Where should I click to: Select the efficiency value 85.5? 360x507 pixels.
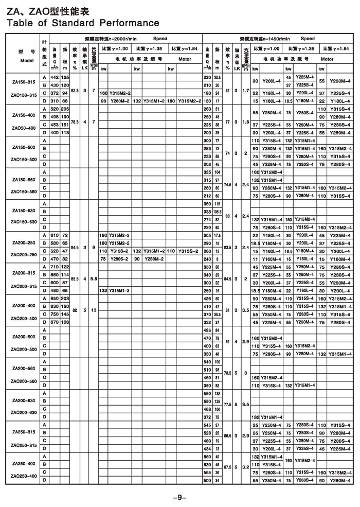coord(75,278)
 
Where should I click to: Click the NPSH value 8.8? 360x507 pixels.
coord(93,278)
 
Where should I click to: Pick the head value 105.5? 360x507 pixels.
coord(218,211)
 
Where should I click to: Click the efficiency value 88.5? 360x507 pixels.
coord(227,436)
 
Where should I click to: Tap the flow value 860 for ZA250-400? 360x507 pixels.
coord(207,456)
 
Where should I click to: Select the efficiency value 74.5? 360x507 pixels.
coord(227,184)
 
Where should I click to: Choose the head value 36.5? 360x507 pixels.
coord(218,314)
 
